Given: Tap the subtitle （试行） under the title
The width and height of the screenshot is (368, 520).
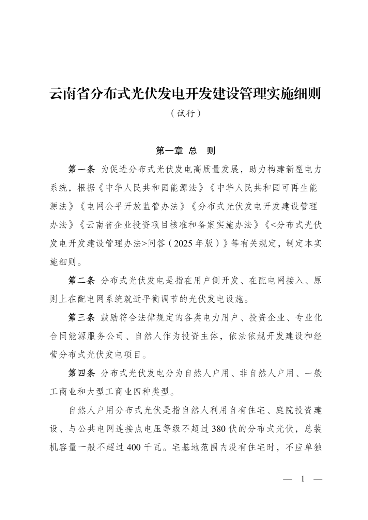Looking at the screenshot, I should tap(185, 113).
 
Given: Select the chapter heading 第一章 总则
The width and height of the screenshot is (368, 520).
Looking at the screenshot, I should tap(185, 151).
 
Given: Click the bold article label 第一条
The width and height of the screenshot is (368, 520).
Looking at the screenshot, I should tap(81, 169).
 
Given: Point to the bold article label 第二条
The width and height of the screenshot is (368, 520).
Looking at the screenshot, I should tap(81, 281).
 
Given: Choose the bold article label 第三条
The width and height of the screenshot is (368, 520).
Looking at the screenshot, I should tap(81, 318).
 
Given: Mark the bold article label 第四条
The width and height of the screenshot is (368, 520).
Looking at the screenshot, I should tap(81, 373).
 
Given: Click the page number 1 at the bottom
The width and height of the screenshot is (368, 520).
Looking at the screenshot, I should tap(303, 479).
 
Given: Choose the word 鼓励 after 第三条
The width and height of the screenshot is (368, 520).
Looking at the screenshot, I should tap(110, 318).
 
